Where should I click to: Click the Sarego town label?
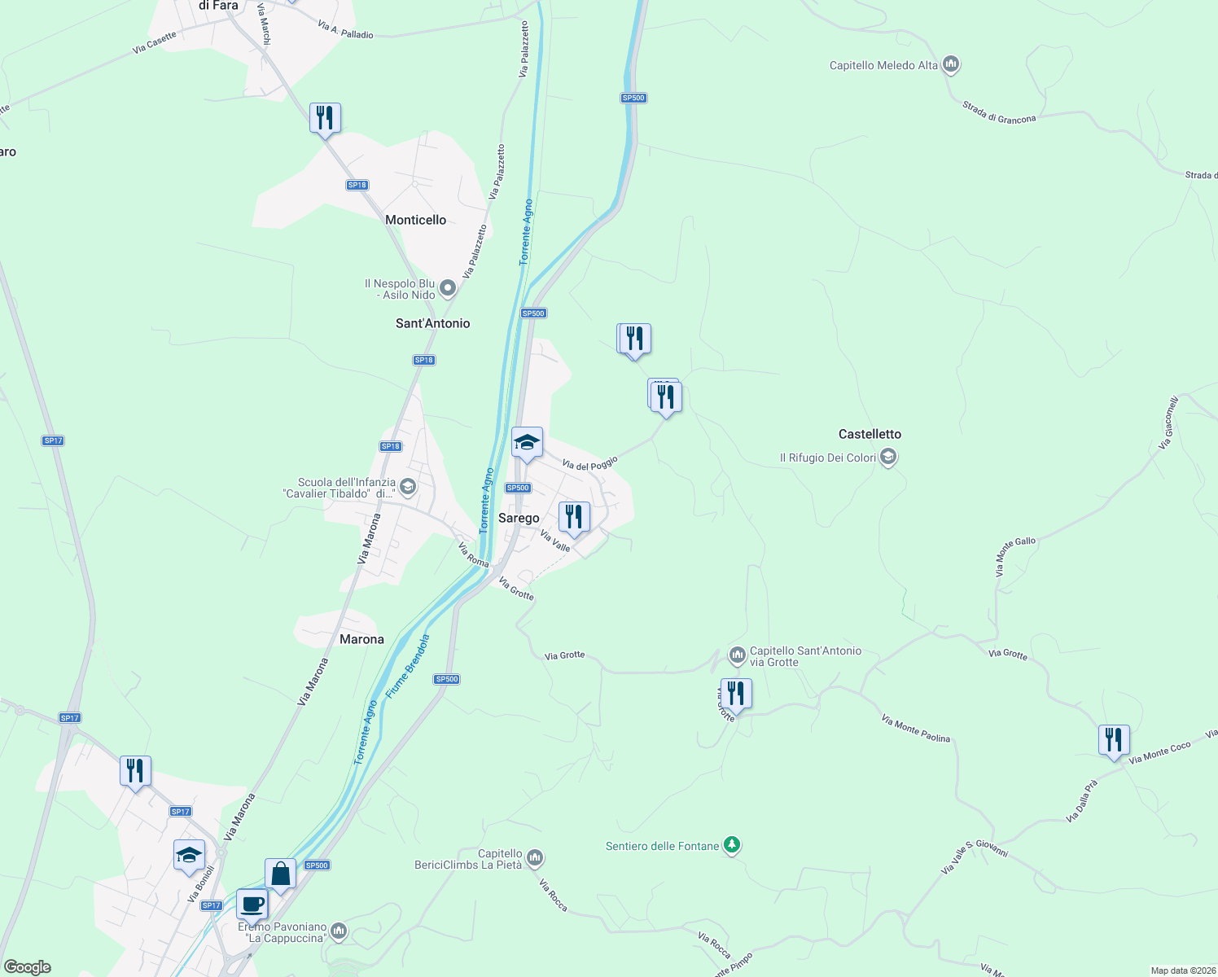tap(519, 518)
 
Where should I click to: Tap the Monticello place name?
tap(415, 220)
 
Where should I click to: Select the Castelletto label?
tap(870, 434)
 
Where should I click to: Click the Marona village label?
tap(361, 639)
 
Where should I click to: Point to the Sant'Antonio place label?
tap(432, 323)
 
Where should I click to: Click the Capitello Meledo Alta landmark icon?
tap(950, 65)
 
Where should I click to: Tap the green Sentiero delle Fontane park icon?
tap(732, 846)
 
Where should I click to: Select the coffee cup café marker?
tap(252, 904)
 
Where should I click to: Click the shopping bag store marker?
tap(280, 874)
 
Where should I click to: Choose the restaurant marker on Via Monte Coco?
tap(1113, 739)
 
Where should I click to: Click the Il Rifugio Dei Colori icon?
tap(888, 458)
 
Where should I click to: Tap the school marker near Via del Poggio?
tap(527, 442)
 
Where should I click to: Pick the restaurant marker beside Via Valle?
tap(574, 516)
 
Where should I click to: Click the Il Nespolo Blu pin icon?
tap(447, 288)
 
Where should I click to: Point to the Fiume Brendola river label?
tap(408, 666)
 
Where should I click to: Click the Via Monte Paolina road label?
tap(915, 729)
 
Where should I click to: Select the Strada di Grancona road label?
tap(999, 112)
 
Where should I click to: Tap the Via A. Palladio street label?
tap(345, 30)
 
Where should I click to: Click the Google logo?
tap(28, 967)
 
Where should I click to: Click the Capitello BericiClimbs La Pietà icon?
tap(535, 858)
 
